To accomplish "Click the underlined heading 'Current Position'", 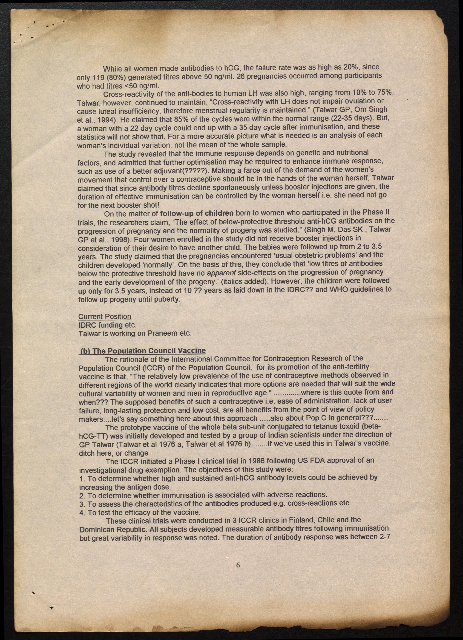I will pos(105,317).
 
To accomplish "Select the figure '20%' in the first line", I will pos(351,67).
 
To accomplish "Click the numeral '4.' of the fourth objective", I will pos(82,512).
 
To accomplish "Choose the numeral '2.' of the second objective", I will pos(82,495).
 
